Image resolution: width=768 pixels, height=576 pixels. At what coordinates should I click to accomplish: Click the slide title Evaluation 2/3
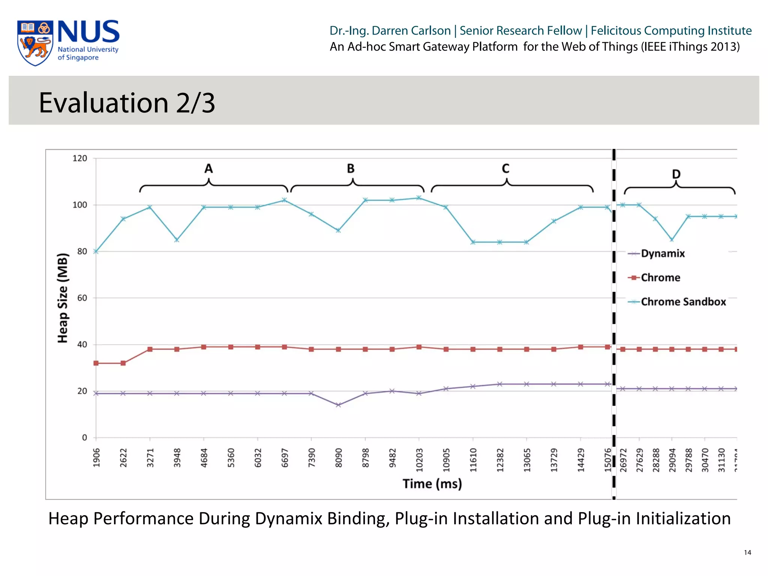[127, 102]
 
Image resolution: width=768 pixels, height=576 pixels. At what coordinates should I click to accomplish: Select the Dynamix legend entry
[662, 253]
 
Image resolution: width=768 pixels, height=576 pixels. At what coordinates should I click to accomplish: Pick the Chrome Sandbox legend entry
[683, 302]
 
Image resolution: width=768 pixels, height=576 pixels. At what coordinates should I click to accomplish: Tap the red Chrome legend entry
[660, 277]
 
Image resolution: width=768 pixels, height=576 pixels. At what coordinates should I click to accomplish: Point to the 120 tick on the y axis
[79, 158]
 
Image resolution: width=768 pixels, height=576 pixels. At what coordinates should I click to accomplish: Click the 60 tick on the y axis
[82, 298]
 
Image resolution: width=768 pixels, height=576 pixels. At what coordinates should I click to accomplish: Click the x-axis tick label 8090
[338, 458]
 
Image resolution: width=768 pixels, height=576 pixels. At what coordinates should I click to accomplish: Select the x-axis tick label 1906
[96, 458]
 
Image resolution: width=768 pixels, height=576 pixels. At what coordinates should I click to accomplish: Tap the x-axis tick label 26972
[623, 460]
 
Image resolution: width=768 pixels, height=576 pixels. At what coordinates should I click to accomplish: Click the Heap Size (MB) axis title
[63, 298]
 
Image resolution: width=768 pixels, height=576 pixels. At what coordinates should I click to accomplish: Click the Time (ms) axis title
[432, 484]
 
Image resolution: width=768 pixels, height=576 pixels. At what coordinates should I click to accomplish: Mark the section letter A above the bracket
[208, 169]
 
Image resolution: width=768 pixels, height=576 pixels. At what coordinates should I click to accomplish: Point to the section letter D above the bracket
[676, 174]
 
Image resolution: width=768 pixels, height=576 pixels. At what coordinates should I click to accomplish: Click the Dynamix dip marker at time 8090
[338, 405]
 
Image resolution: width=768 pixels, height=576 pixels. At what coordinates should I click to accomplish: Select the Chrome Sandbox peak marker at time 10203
[419, 198]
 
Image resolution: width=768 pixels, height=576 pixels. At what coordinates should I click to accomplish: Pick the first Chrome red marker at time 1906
[96, 363]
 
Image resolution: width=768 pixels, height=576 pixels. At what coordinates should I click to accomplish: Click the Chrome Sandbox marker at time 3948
[177, 240]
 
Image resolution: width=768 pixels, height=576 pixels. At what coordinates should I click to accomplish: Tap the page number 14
[747, 552]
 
